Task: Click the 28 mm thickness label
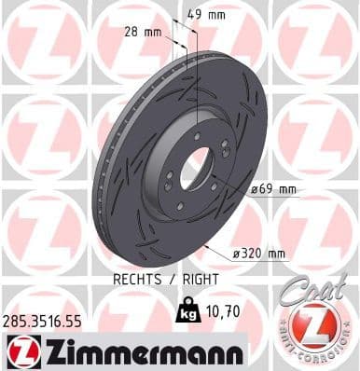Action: point(142,33)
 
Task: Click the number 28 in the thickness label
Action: point(132,33)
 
